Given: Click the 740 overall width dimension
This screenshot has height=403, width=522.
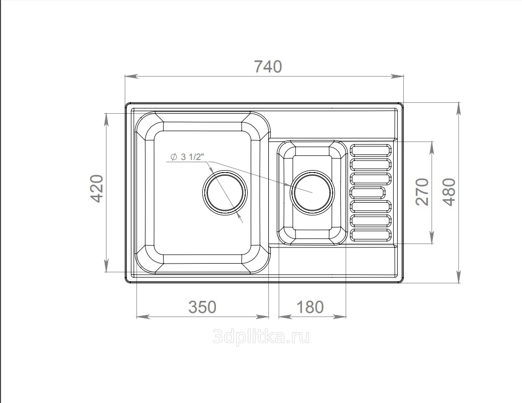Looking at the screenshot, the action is [268, 66].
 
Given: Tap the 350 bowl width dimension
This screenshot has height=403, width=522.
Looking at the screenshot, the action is [202, 307].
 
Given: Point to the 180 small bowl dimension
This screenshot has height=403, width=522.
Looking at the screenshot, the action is [310, 307].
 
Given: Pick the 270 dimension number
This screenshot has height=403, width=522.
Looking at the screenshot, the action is [422, 192].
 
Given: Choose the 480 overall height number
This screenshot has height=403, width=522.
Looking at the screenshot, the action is [449, 192].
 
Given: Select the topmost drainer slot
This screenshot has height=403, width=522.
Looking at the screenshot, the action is [371, 150].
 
